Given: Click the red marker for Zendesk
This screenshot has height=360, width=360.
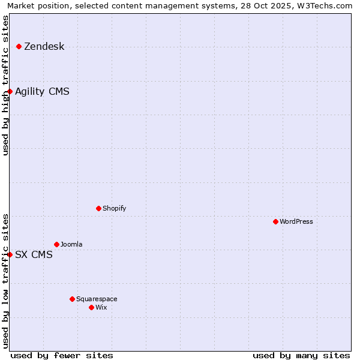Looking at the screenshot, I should click(x=19, y=46).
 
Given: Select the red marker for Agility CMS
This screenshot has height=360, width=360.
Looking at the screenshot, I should click(x=10, y=91).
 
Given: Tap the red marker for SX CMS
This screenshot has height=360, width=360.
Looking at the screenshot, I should click(x=10, y=254).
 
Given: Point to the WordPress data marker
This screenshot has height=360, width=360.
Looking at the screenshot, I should click(x=275, y=221).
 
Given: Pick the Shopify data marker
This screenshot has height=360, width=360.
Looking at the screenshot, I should click(x=98, y=208).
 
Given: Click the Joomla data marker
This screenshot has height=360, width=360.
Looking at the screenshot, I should click(x=56, y=244).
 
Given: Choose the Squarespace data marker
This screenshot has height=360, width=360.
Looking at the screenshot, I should click(x=72, y=299).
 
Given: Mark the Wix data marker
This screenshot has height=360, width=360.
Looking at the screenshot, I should click(x=91, y=307).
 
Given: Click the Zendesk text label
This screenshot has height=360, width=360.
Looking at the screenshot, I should click(x=44, y=47).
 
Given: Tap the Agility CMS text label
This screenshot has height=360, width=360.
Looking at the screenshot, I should click(x=42, y=92).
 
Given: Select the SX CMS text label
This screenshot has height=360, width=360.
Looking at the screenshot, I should click(x=34, y=255).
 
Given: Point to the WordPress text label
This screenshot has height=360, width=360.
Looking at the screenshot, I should click(x=296, y=222).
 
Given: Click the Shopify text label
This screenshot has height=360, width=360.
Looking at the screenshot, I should click(x=115, y=209).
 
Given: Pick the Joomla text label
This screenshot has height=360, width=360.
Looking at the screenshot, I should click(x=71, y=245).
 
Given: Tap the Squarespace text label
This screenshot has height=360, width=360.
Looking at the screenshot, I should click(x=97, y=299).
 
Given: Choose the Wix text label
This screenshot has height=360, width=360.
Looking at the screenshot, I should click(x=101, y=308).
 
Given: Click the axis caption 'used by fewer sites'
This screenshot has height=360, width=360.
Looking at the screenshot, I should click(x=62, y=355).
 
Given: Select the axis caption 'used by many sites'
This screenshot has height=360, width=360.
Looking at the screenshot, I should click(x=301, y=355).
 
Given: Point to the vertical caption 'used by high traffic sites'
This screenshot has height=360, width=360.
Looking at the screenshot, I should click(x=5, y=85).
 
